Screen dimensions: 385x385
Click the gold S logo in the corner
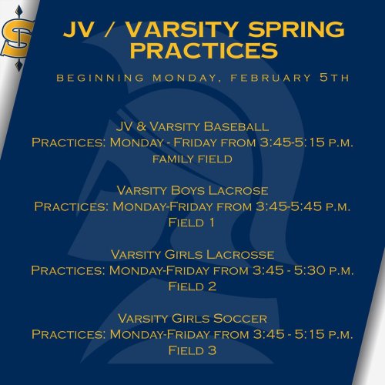tap(17, 38)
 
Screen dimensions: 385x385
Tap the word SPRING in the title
tap(296, 29)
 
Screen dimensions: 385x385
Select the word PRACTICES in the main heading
tap(204, 50)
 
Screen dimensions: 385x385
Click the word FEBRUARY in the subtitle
tap(271, 78)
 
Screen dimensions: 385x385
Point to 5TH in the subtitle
tap(334, 78)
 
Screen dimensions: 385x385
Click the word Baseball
tap(236, 126)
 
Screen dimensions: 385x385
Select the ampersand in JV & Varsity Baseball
tap(141, 126)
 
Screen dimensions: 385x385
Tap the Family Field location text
tap(192, 159)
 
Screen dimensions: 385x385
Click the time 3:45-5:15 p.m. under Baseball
tap(306, 142)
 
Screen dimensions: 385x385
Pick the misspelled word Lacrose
tap(238, 191)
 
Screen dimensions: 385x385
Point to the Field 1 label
tap(192, 223)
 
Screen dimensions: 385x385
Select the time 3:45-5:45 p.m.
tap(303, 206)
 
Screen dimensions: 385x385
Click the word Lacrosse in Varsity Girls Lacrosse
tap(240, 255)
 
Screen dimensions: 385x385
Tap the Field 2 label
tap(192, 286)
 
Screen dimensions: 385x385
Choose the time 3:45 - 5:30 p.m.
tap(303, 270)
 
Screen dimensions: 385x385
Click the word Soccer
tap(240, 319)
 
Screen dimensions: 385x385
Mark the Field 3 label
tap(192, 350)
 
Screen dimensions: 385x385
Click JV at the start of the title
tap(78, 29)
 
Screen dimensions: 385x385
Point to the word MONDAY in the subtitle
tap(185, 78)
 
